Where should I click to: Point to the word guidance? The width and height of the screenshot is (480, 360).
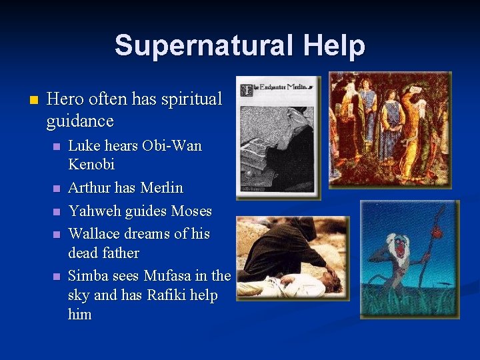click(80, 121)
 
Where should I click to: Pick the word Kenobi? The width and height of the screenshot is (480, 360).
click(91, 165)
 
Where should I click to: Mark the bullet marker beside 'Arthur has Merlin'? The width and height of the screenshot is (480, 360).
click(57, 189)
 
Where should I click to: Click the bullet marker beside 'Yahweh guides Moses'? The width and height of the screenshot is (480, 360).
click(57, 212)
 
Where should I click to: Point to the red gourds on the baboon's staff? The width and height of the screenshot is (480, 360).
click(437, 231)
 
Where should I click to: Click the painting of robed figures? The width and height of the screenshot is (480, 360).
click(389, 129)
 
